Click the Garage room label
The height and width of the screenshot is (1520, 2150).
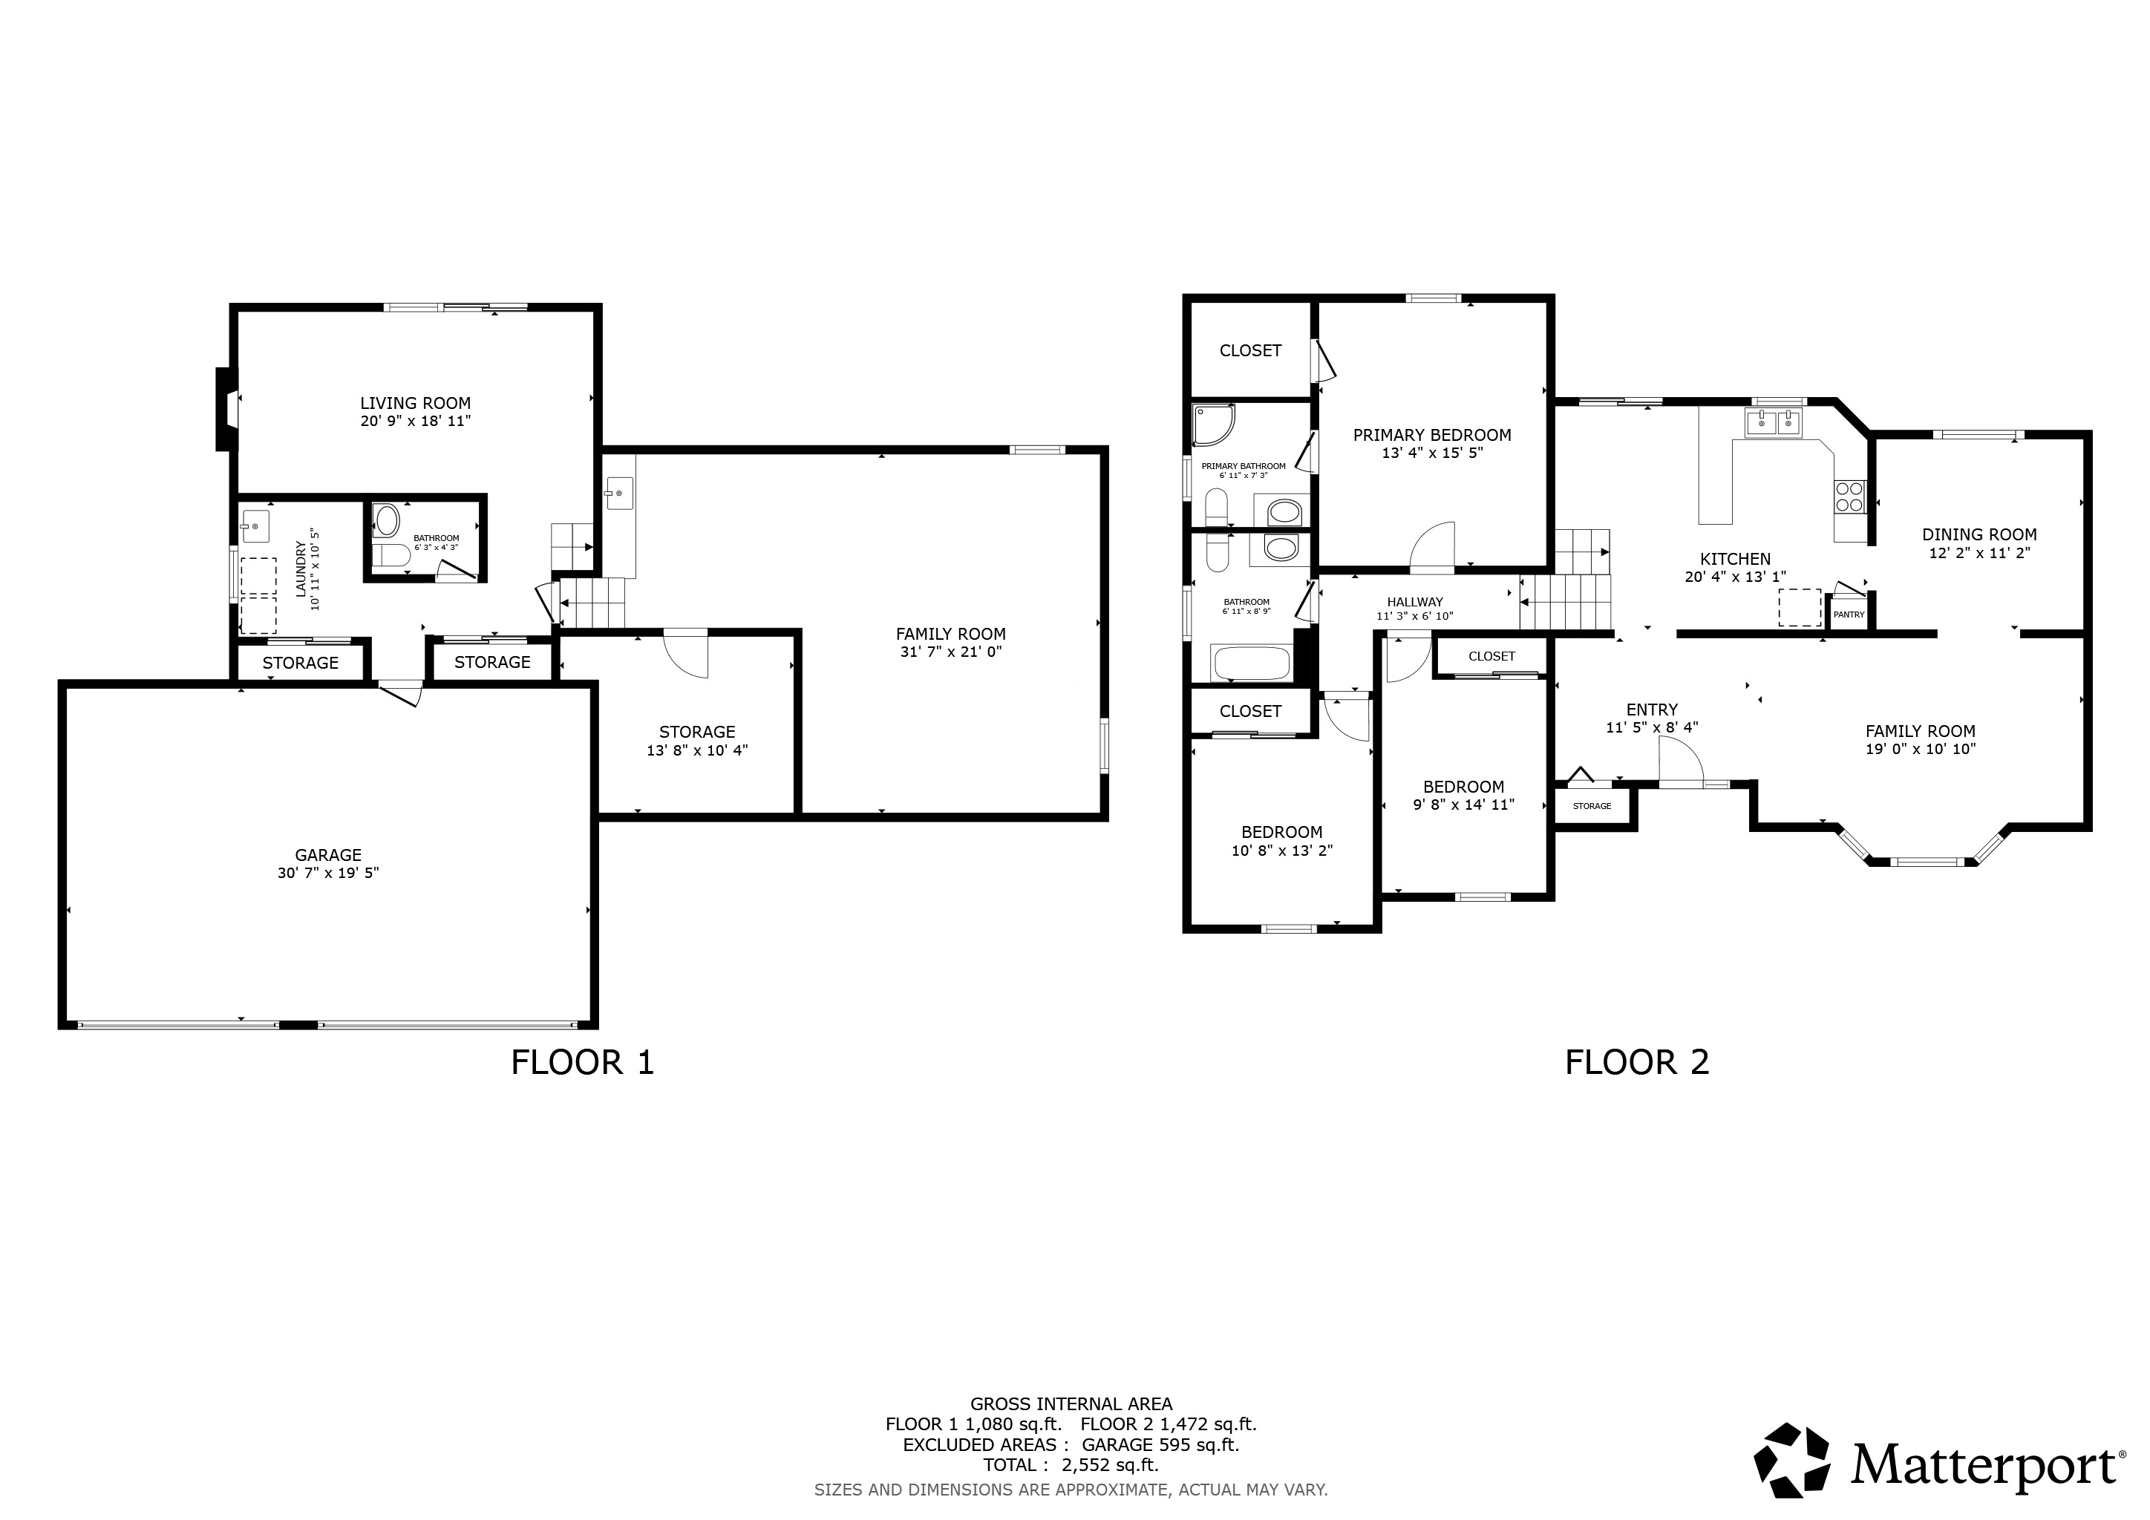tap(327, 854)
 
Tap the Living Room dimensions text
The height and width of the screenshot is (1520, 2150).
tap(415, 421)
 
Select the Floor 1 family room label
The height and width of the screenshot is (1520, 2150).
tap(950, 634)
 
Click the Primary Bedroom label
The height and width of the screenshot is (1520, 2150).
tap(1432, 434)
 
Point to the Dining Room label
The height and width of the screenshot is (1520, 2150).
tap(1979, 534)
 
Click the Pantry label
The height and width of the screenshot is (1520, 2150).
tap(1849, 615)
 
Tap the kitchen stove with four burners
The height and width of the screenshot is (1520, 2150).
tap(1849, 496)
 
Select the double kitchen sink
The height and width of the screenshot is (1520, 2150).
tap(1774, 422)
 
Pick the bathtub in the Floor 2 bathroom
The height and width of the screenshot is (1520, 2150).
tap(1251, 664)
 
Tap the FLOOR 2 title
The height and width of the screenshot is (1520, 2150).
tap(1637, 1062)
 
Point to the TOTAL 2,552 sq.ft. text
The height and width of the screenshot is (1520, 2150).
tap(1071, 1465)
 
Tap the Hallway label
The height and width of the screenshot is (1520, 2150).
tap(1414, 602)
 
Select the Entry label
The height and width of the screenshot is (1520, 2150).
tap(1652, 710)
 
